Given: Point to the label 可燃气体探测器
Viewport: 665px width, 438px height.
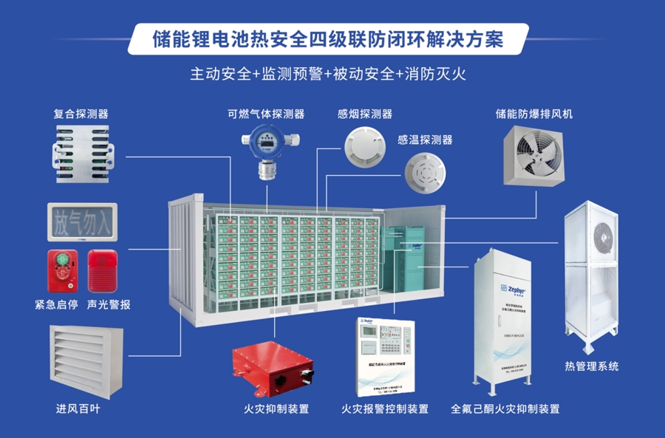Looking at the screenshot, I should pos(266,114).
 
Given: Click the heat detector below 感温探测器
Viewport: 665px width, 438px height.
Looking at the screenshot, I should pos(426,173).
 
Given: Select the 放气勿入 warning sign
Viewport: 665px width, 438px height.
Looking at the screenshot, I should pos(81,221).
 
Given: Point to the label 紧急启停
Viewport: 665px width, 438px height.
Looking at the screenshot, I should pos(55,304).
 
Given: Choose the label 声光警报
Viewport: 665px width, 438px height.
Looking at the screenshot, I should pos(108,304).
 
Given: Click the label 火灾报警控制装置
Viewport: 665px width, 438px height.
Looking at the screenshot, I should pos(384,408).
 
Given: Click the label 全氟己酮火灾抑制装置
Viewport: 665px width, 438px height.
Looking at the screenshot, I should pos(505,408).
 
